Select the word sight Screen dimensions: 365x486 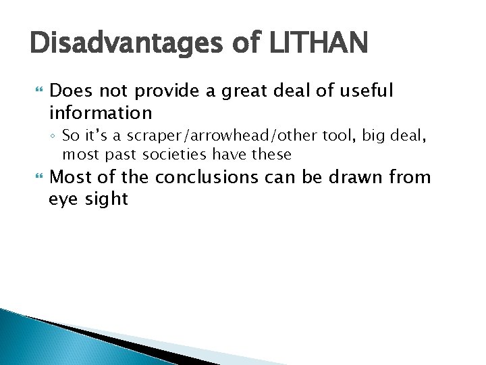pyautogui.click(x=107, y=199)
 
